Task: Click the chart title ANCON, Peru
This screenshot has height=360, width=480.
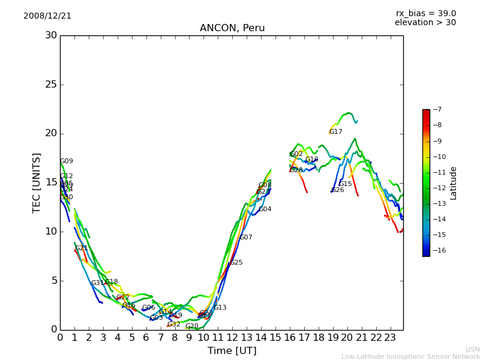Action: click(232, 28)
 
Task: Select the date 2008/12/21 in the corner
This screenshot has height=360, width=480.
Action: click(47, 16)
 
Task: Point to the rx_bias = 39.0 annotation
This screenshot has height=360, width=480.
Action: click(425, 13)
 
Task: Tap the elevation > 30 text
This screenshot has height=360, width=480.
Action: click(425, 23)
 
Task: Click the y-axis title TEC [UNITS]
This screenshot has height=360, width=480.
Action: click(37, 182)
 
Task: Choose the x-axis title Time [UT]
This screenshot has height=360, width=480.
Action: click(232, 350)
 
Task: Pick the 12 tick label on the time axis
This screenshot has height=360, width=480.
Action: click(232, 338)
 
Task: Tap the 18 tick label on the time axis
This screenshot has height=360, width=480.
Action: click(318, 338)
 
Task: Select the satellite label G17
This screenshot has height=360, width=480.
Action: click(335, 132)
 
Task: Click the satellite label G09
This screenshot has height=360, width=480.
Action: click(66, 161)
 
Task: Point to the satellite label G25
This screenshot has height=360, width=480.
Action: click(236, 263)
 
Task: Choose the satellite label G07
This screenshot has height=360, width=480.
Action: click(246, 238)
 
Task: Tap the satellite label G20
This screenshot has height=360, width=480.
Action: click(192, 326)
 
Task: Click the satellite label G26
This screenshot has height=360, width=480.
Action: click(338, 190)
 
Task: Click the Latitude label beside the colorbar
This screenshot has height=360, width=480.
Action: click(454, 183)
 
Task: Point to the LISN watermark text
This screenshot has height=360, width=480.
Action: click(473, 349)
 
